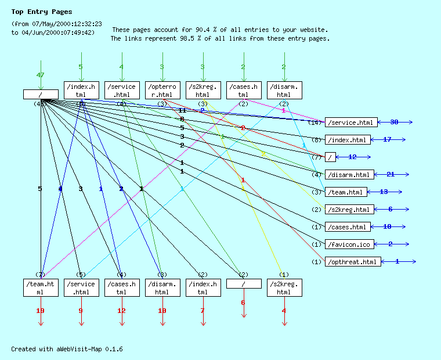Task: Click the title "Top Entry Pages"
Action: tap(42, 12)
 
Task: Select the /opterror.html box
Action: tap(162, 91)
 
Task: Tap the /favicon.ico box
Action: tap(348, 244)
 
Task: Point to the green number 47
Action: tap(40, 75)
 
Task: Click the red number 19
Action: tap(40, 311)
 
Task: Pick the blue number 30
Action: tap(394, 122)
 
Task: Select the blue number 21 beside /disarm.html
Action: tap(391, 174)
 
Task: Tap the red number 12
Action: tap(121, 311)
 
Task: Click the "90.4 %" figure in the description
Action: tap(208, 30)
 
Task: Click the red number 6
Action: tap(243, 303)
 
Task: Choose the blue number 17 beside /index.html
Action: tap(387, 139)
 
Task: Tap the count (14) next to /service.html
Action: tap(316, 123)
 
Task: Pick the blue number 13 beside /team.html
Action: tap(384, 192)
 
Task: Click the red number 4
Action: tap(284, 311)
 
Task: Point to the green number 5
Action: tap(81, 67)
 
